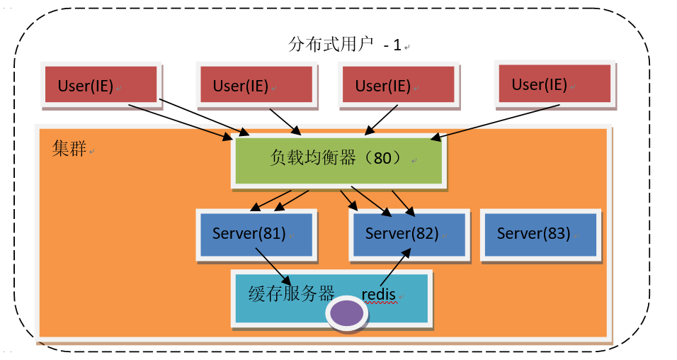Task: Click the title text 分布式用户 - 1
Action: [345, 45]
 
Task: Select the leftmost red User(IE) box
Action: [101, 85]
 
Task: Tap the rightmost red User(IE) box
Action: [554, 84]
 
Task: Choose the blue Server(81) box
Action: [256, 235]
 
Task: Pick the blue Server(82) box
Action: [409, 235]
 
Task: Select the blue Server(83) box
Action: [540, 235]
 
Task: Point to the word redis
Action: [379, 294]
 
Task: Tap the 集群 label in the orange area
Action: [69, 148]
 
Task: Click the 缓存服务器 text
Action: [292, 294]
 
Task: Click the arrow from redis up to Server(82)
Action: [395, 266]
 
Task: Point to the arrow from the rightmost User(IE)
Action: [495, 123]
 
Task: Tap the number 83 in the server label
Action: [556, 233]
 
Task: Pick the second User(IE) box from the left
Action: [257, 85]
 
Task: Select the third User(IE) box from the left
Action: [399, 85]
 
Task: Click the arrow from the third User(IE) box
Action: [381, 120]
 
